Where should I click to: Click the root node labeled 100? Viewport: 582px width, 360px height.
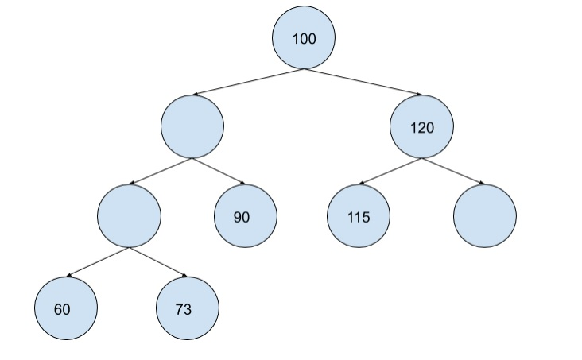(x=304, y=38)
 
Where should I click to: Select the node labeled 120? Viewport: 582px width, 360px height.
(x=422, y=127)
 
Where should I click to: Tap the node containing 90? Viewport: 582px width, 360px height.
(x=246, y=216)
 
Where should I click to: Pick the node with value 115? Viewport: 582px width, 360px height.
(x=359, y=216)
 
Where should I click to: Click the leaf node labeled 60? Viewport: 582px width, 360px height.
(x=65, y=308)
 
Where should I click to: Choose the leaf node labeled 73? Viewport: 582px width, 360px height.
(x=187, y=308)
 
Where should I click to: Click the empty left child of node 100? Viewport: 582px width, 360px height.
(x=192, y=127)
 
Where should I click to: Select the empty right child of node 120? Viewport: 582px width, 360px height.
(x=484, y=216)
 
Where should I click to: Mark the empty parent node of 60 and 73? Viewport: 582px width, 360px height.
(x=129, y=216)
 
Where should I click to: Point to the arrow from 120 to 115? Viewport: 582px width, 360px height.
(x=390, y=171)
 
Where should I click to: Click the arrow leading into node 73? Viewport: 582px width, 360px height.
(x=158, y=262)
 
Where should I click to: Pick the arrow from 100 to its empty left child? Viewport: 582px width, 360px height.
(x=247, y=83)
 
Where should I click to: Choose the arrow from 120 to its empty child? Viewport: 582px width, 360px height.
(x=453, y=171)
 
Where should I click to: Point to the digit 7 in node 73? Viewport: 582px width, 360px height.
(x=180, y=309)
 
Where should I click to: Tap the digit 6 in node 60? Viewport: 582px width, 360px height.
(x=59, y=309)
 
